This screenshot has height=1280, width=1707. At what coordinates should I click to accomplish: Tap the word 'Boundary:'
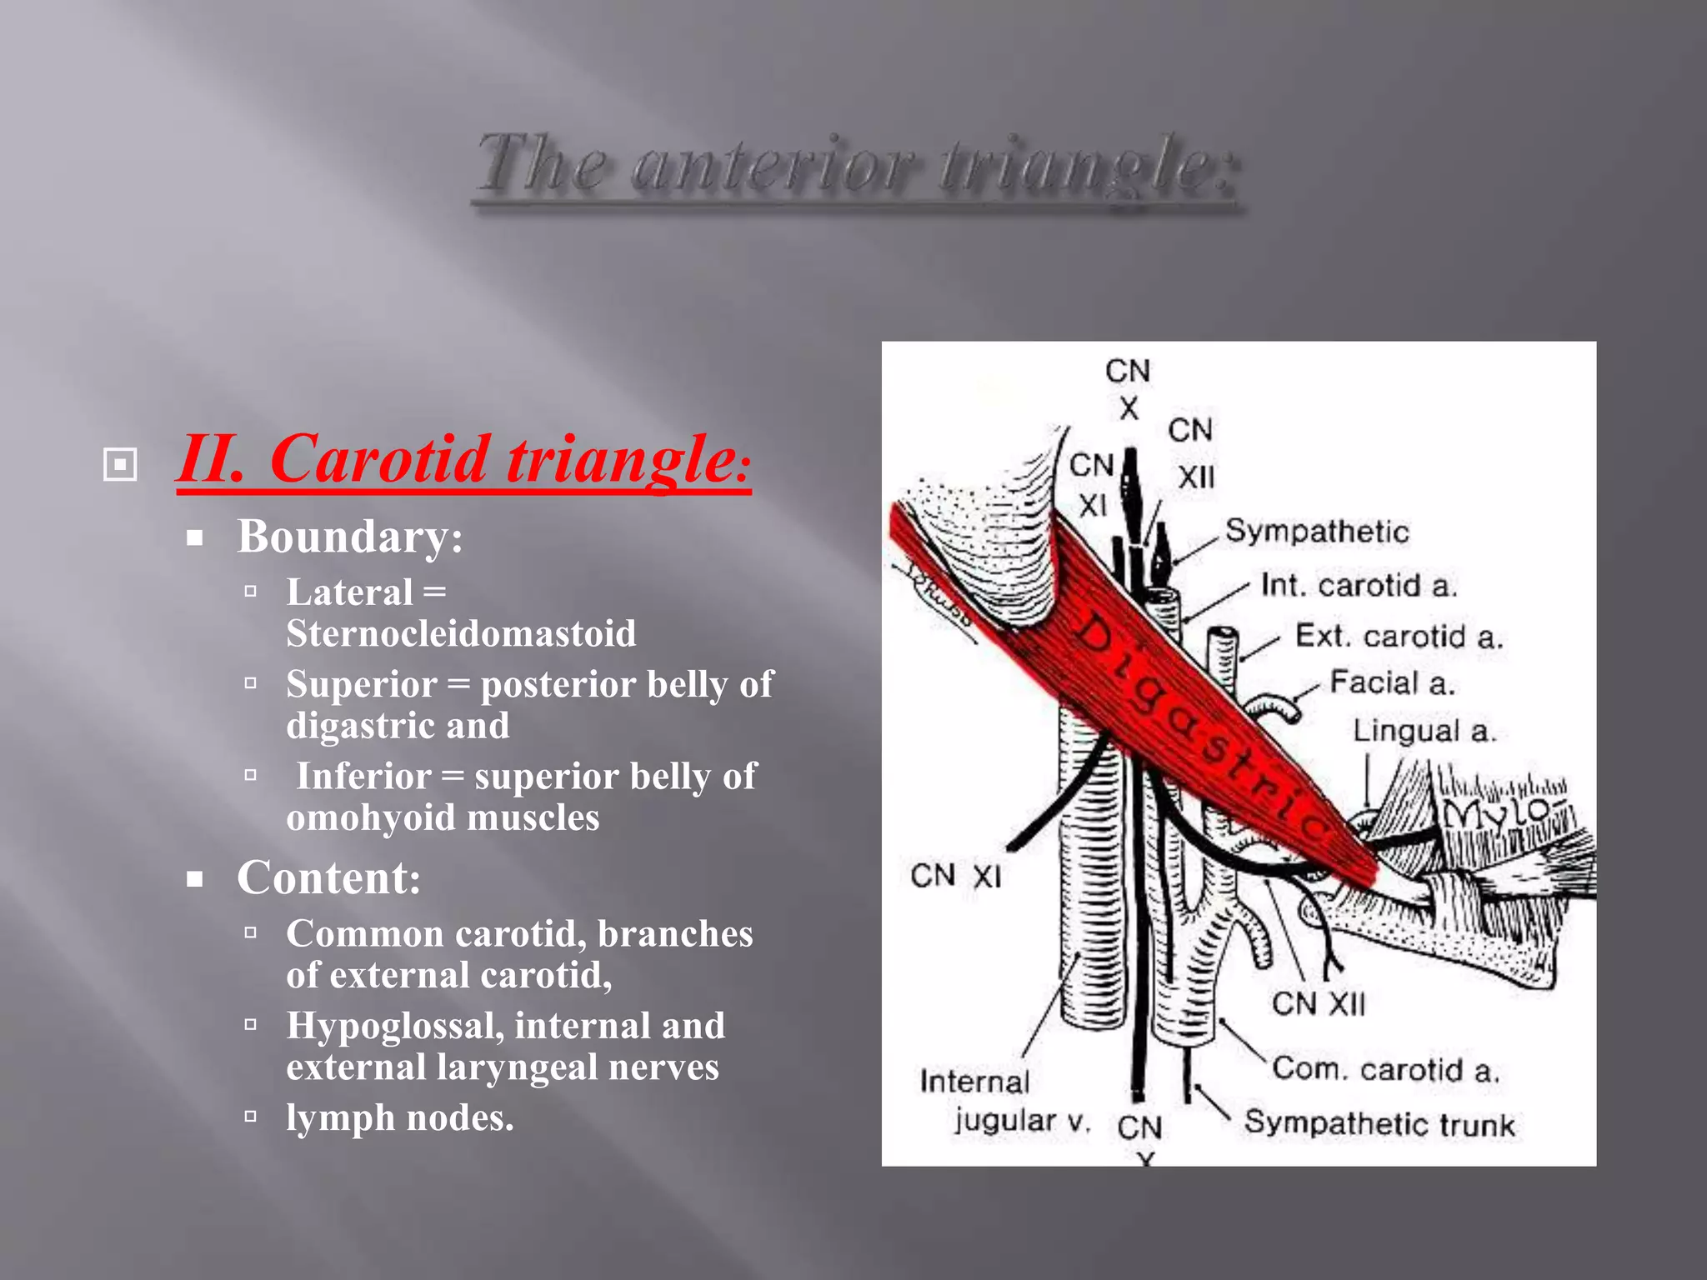(x=350, y=536)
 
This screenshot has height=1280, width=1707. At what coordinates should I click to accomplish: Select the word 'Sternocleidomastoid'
(x=461, y=633)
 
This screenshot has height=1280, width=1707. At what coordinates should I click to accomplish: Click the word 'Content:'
(x=329, y=877)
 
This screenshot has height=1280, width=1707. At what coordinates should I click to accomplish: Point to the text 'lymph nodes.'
(x=400, y=1117)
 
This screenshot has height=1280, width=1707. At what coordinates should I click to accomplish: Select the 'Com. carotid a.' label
(x=1385, y=1069)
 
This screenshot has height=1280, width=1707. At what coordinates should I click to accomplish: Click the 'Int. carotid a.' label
(x=1359, y=585)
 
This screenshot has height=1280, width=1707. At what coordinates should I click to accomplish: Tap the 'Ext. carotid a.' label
(x=1399, y=637)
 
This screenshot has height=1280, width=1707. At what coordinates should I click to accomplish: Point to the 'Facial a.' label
(x=1392, y=683)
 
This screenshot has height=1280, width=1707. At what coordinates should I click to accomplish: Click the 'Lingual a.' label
(x=1424, y=731)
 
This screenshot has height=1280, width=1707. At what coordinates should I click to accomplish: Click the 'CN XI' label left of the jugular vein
(x=955, y=876)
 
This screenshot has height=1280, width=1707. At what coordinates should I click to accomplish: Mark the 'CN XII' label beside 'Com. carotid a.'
(x=1319, y=1003)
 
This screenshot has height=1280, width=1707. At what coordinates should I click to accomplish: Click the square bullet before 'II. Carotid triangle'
(x=120, y=464)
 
